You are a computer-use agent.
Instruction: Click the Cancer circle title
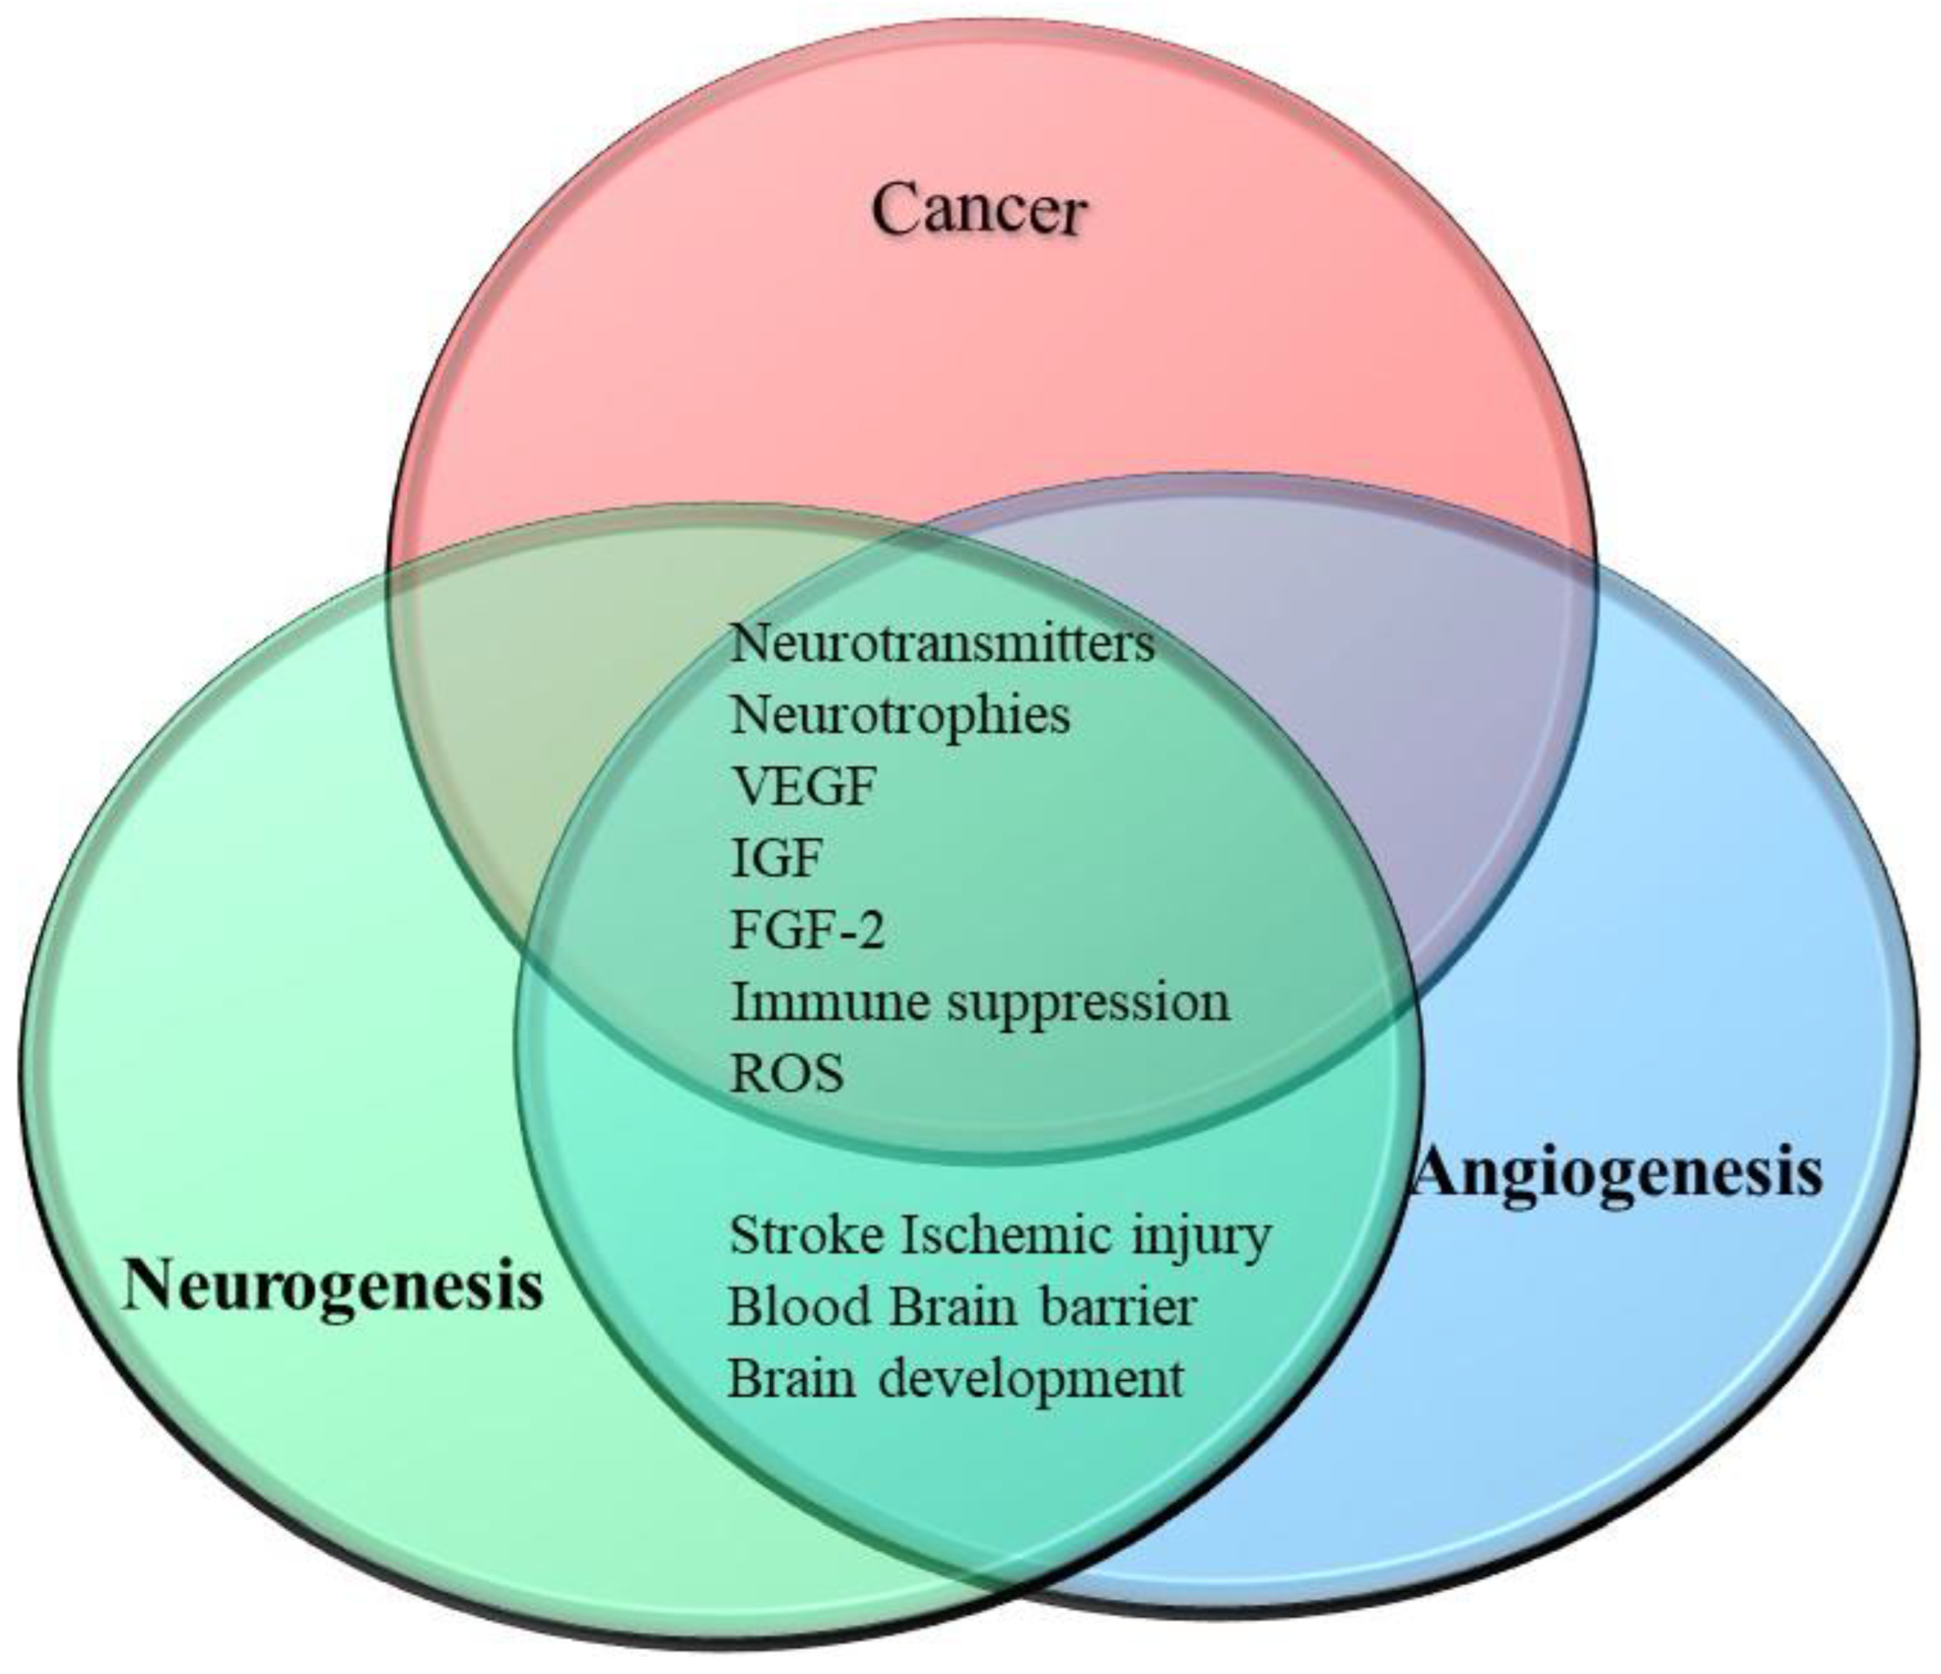pos(979,210)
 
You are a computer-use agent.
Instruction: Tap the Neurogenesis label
pos(333,1285)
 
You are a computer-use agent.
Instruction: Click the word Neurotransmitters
pos(942,644)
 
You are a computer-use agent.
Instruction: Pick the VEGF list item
pos(802,786)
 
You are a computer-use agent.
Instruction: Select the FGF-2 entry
pos(806,929)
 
